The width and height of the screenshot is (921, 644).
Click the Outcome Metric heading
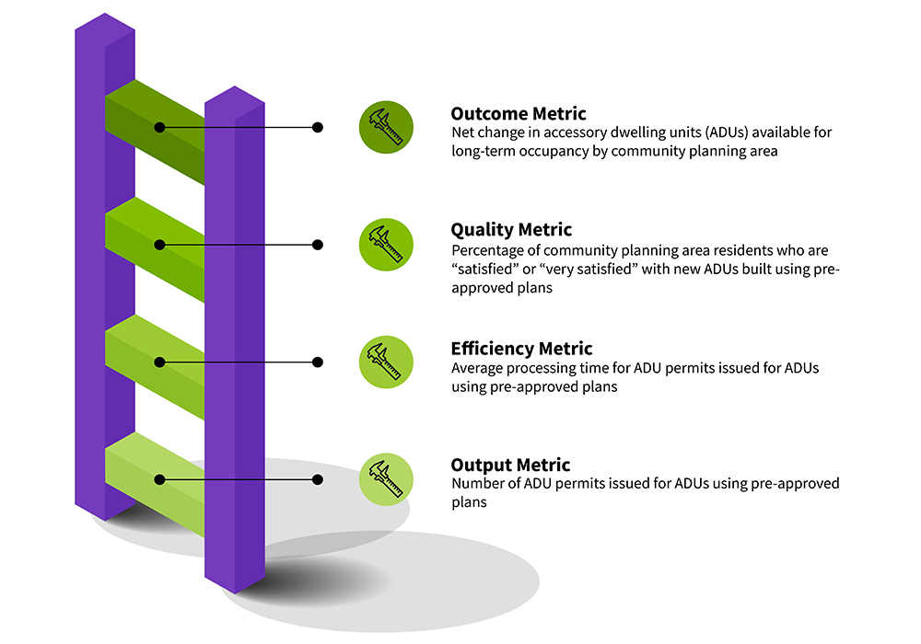(518, 114)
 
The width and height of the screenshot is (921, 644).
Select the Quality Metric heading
(510, 230)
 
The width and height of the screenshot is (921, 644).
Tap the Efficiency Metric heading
(521, 349)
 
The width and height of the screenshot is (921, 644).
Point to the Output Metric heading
(509, 466)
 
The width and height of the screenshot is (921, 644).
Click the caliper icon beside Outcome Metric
(386, 127)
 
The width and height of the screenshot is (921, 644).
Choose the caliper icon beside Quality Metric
(386, 245)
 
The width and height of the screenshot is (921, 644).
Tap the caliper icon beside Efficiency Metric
(386, 362)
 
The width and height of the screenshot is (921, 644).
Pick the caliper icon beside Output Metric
(386, 479)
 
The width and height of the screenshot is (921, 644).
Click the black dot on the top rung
(160, 127)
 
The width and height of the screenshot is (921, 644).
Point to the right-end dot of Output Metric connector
(318, 479)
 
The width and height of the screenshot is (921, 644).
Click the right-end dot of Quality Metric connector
(318, 245)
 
